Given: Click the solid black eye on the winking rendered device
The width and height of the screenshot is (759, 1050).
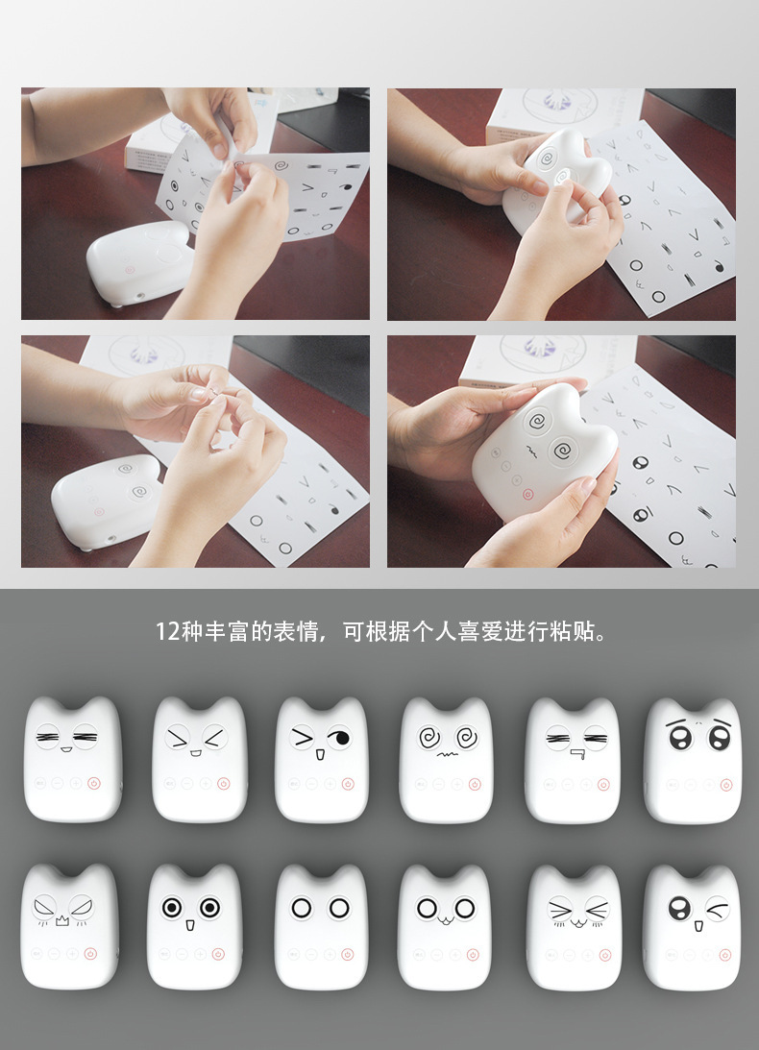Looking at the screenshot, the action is click(x=340, y=738).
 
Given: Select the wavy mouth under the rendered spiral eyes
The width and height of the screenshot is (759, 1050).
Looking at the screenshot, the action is click(x=446, y=754).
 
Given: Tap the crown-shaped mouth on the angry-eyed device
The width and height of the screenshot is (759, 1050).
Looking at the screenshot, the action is click(x=62, y=921).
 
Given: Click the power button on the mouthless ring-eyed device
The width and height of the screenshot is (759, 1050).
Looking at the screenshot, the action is click(x=347, y=955).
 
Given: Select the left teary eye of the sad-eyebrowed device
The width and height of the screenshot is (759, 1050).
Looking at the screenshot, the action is click(x=680, y=738).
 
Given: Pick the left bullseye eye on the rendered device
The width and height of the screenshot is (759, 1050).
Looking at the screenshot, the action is click(x=172, y=908).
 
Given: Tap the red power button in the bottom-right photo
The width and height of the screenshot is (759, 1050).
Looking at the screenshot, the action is click(x=527, y=494).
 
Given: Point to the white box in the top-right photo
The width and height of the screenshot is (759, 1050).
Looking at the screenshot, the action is click(x=563, y=114).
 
